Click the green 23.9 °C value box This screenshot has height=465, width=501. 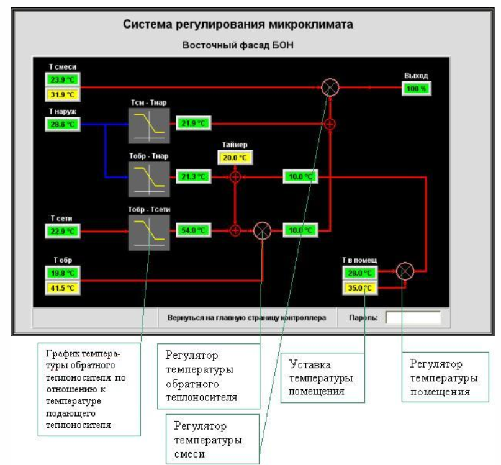click(x=63, y=80)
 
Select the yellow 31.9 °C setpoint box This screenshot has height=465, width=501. click(x=63, y=94)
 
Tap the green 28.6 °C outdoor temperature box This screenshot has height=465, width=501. click(x=63, y=124)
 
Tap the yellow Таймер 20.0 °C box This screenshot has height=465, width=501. click(x=235, y=158)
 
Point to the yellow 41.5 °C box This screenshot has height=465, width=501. click(x=63, y=288)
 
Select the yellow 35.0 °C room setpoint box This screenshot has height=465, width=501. click(x=359, y=287)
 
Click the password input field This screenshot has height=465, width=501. click(x=412, y=317)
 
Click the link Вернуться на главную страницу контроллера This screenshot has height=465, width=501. click(x=246, y=317)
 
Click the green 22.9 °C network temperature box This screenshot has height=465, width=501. click(x=63, y=232)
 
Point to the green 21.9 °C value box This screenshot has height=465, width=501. click(x=193, y=124)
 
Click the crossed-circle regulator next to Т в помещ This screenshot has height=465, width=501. click(x=405, y=271)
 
